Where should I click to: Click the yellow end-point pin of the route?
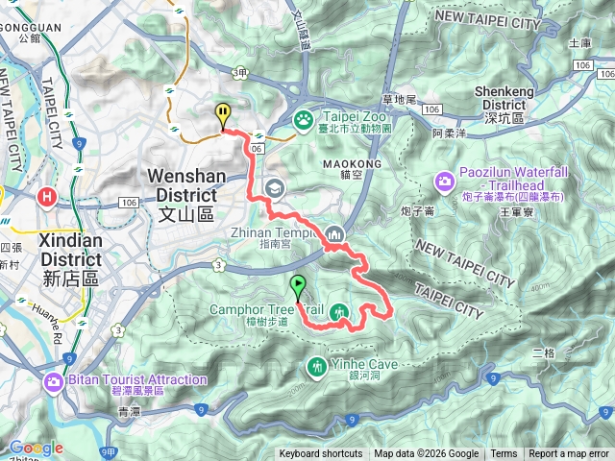223,113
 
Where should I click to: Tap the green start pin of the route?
298,284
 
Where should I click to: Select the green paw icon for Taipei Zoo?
304,119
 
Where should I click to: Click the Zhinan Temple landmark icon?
334,232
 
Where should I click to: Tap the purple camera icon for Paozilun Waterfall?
445,181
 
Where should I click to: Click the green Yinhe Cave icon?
317,365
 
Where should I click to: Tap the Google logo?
36,448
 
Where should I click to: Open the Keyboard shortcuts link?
321,454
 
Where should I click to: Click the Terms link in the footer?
504,454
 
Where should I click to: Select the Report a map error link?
569,454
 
